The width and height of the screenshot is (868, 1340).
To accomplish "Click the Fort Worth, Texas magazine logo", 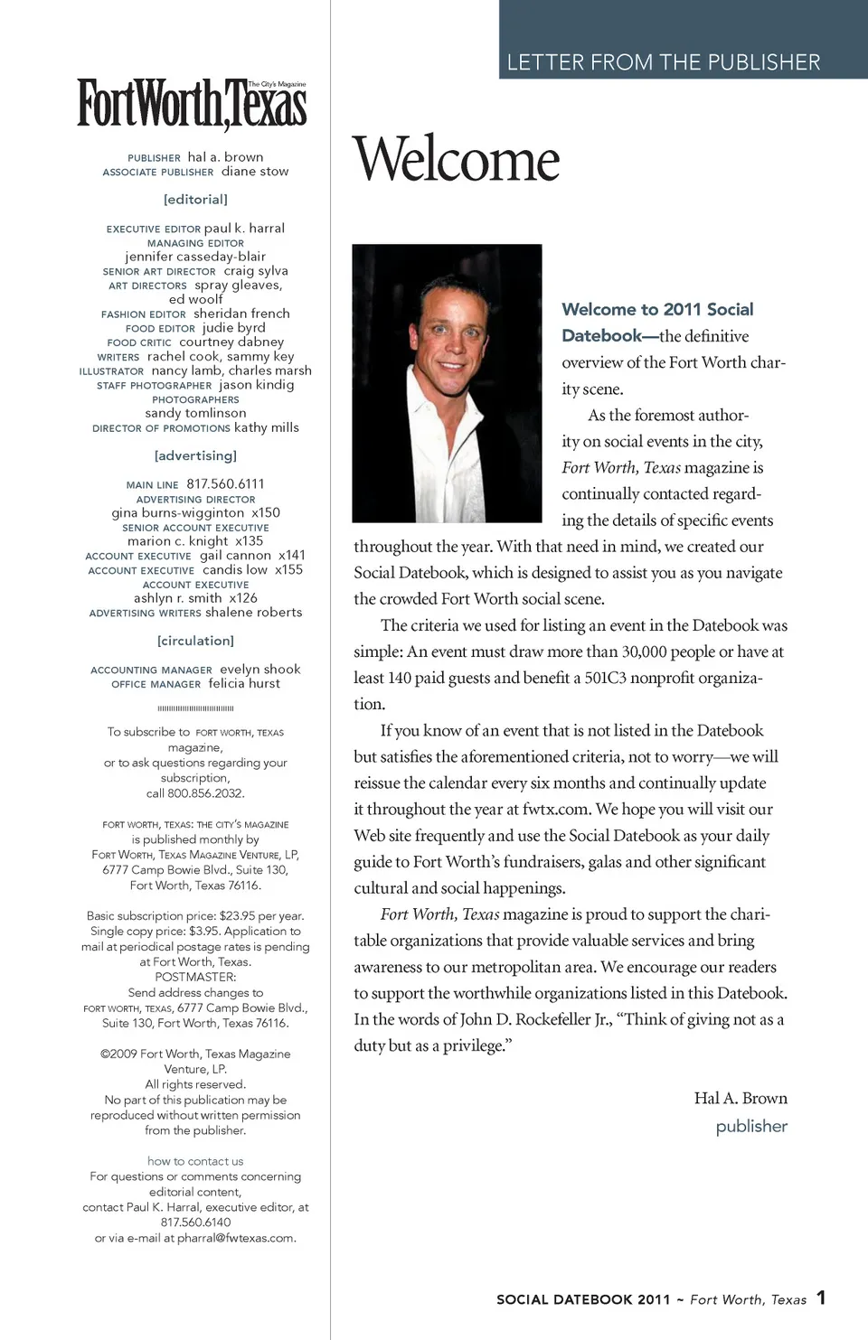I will [192, 104].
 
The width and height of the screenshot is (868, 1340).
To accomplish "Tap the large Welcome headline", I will [457, 160].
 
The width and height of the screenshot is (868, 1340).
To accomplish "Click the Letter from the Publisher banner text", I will [663, 62].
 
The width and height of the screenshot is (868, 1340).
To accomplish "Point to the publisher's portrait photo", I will [447, 383].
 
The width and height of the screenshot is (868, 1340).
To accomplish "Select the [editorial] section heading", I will [195, 199].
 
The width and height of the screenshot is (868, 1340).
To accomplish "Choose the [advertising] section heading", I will [195, 455].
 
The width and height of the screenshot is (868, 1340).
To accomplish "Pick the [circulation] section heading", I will [195, 641].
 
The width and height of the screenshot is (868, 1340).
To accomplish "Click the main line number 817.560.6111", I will [225, 484].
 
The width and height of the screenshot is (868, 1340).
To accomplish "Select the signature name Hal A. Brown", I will [741, 1098].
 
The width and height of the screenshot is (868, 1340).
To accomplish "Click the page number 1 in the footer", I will [821, 1298].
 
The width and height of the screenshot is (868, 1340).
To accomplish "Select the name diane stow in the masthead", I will [255, 172].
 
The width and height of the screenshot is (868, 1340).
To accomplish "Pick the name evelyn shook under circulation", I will [260, 670].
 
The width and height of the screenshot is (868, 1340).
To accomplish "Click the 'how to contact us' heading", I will [195, 1161].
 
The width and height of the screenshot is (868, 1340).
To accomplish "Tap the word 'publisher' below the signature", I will [751, 1127].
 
